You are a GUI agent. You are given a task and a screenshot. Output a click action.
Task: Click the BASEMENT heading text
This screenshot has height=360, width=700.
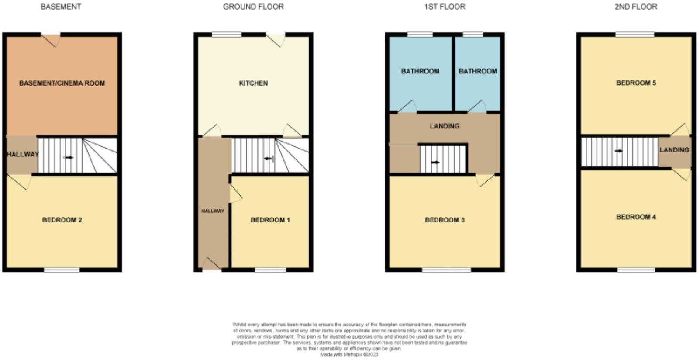(61, 7)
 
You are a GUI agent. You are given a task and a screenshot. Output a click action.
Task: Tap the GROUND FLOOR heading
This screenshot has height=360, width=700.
(253, 7)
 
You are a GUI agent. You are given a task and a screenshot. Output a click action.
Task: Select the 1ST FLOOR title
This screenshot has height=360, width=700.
(445, 7)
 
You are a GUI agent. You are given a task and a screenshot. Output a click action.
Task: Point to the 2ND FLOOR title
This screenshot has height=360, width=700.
(636, 7)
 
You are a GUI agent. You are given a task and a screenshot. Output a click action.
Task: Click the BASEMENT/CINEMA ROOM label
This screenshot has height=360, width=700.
(62, 83)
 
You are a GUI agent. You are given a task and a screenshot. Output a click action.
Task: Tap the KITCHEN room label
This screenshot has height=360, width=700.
(253, 83)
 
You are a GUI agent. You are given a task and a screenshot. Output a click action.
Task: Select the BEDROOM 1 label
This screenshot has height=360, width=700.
(270, 220)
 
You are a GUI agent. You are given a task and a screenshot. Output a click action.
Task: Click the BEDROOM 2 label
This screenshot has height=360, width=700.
(62, 220)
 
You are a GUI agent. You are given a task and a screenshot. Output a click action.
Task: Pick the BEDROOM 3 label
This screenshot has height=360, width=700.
(445, 220)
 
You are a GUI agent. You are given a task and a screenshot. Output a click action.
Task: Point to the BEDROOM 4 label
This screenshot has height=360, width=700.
(636, 217)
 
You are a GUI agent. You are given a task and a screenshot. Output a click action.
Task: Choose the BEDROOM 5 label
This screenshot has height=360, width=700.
(636, 83)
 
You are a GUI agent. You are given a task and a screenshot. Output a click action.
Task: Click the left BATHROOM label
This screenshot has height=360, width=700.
(420, 71)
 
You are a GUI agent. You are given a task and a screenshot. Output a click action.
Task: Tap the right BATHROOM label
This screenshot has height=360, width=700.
(478, 71)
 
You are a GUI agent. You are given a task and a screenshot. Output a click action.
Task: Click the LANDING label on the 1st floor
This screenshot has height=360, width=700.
(445, 126)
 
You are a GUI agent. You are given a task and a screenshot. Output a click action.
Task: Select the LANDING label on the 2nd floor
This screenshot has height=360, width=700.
(674, 149)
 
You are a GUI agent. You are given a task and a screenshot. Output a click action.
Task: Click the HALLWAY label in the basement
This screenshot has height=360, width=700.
(23, 154)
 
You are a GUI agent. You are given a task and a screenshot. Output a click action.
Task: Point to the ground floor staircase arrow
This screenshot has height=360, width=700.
(268, 158)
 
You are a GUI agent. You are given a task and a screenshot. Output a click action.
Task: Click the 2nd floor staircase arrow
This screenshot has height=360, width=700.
(619, 151)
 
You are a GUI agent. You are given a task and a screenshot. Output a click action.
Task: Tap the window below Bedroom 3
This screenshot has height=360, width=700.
(446, 270)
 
